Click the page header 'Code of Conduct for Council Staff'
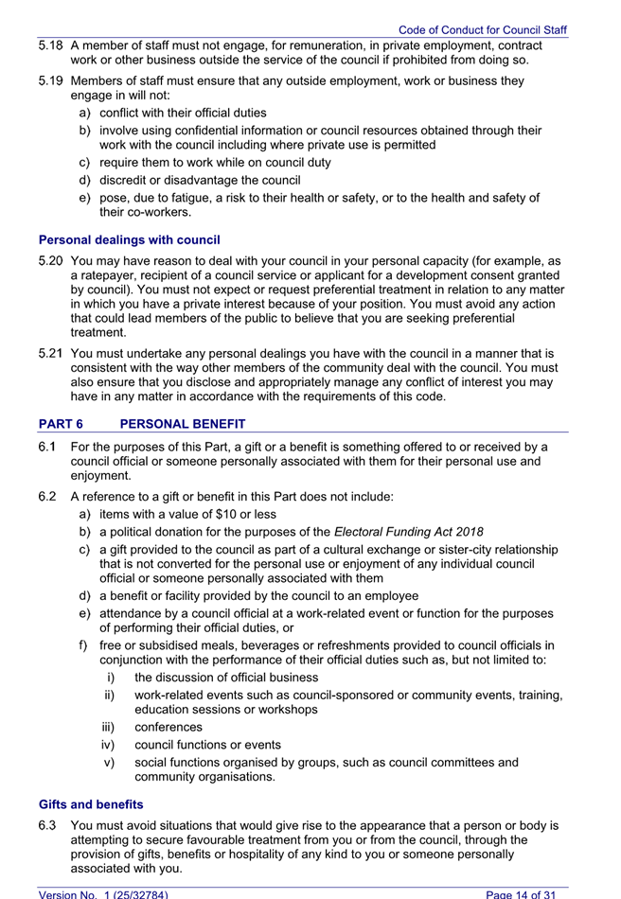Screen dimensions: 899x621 tap(482, 30)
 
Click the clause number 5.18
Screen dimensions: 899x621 tap(52, 45)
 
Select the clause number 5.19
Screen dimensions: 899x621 tap(52, 81)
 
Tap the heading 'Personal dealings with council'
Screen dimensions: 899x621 tap(130, 240)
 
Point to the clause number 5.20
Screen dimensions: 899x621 tap(52, 261)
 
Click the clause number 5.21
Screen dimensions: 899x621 tap(52, 354)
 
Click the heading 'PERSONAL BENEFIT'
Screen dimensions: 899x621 tap(182, 424)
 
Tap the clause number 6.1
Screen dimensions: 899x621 tap(48, 447)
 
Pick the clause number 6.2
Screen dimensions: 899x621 tap(48, 496)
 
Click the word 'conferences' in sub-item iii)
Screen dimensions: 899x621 tap(169, 728)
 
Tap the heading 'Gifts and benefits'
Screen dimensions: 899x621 tap(91, 804)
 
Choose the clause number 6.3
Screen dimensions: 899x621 tap(48, 826)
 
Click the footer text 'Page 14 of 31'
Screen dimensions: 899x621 tap(526, 893)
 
